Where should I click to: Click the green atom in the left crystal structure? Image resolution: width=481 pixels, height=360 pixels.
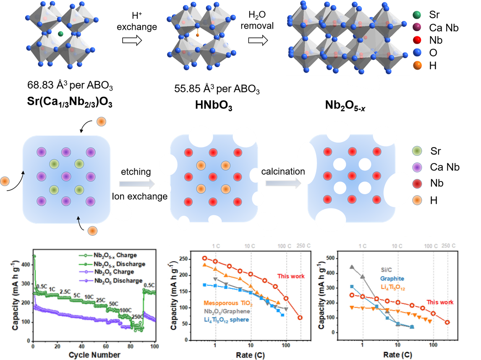pos(60,34)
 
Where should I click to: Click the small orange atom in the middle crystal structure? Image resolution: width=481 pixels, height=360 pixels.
pos(197,35)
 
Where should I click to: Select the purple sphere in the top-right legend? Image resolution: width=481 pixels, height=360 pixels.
pos(417,27)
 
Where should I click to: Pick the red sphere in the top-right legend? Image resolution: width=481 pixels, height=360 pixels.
pos(417,40)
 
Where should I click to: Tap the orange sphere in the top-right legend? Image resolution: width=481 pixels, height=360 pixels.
pos(417,66)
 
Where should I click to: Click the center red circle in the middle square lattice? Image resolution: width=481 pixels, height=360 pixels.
pos(213,177)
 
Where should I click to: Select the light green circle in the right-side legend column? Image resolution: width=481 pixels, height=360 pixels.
pos(417,151)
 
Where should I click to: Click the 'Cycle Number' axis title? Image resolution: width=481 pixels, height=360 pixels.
pos(94,355)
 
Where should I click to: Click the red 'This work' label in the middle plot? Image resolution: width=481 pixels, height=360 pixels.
pos(291,276)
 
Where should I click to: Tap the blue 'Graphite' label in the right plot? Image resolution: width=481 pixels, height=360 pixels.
pos(392,278)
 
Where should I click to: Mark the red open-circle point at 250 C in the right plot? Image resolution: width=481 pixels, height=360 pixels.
pos(447,322)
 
